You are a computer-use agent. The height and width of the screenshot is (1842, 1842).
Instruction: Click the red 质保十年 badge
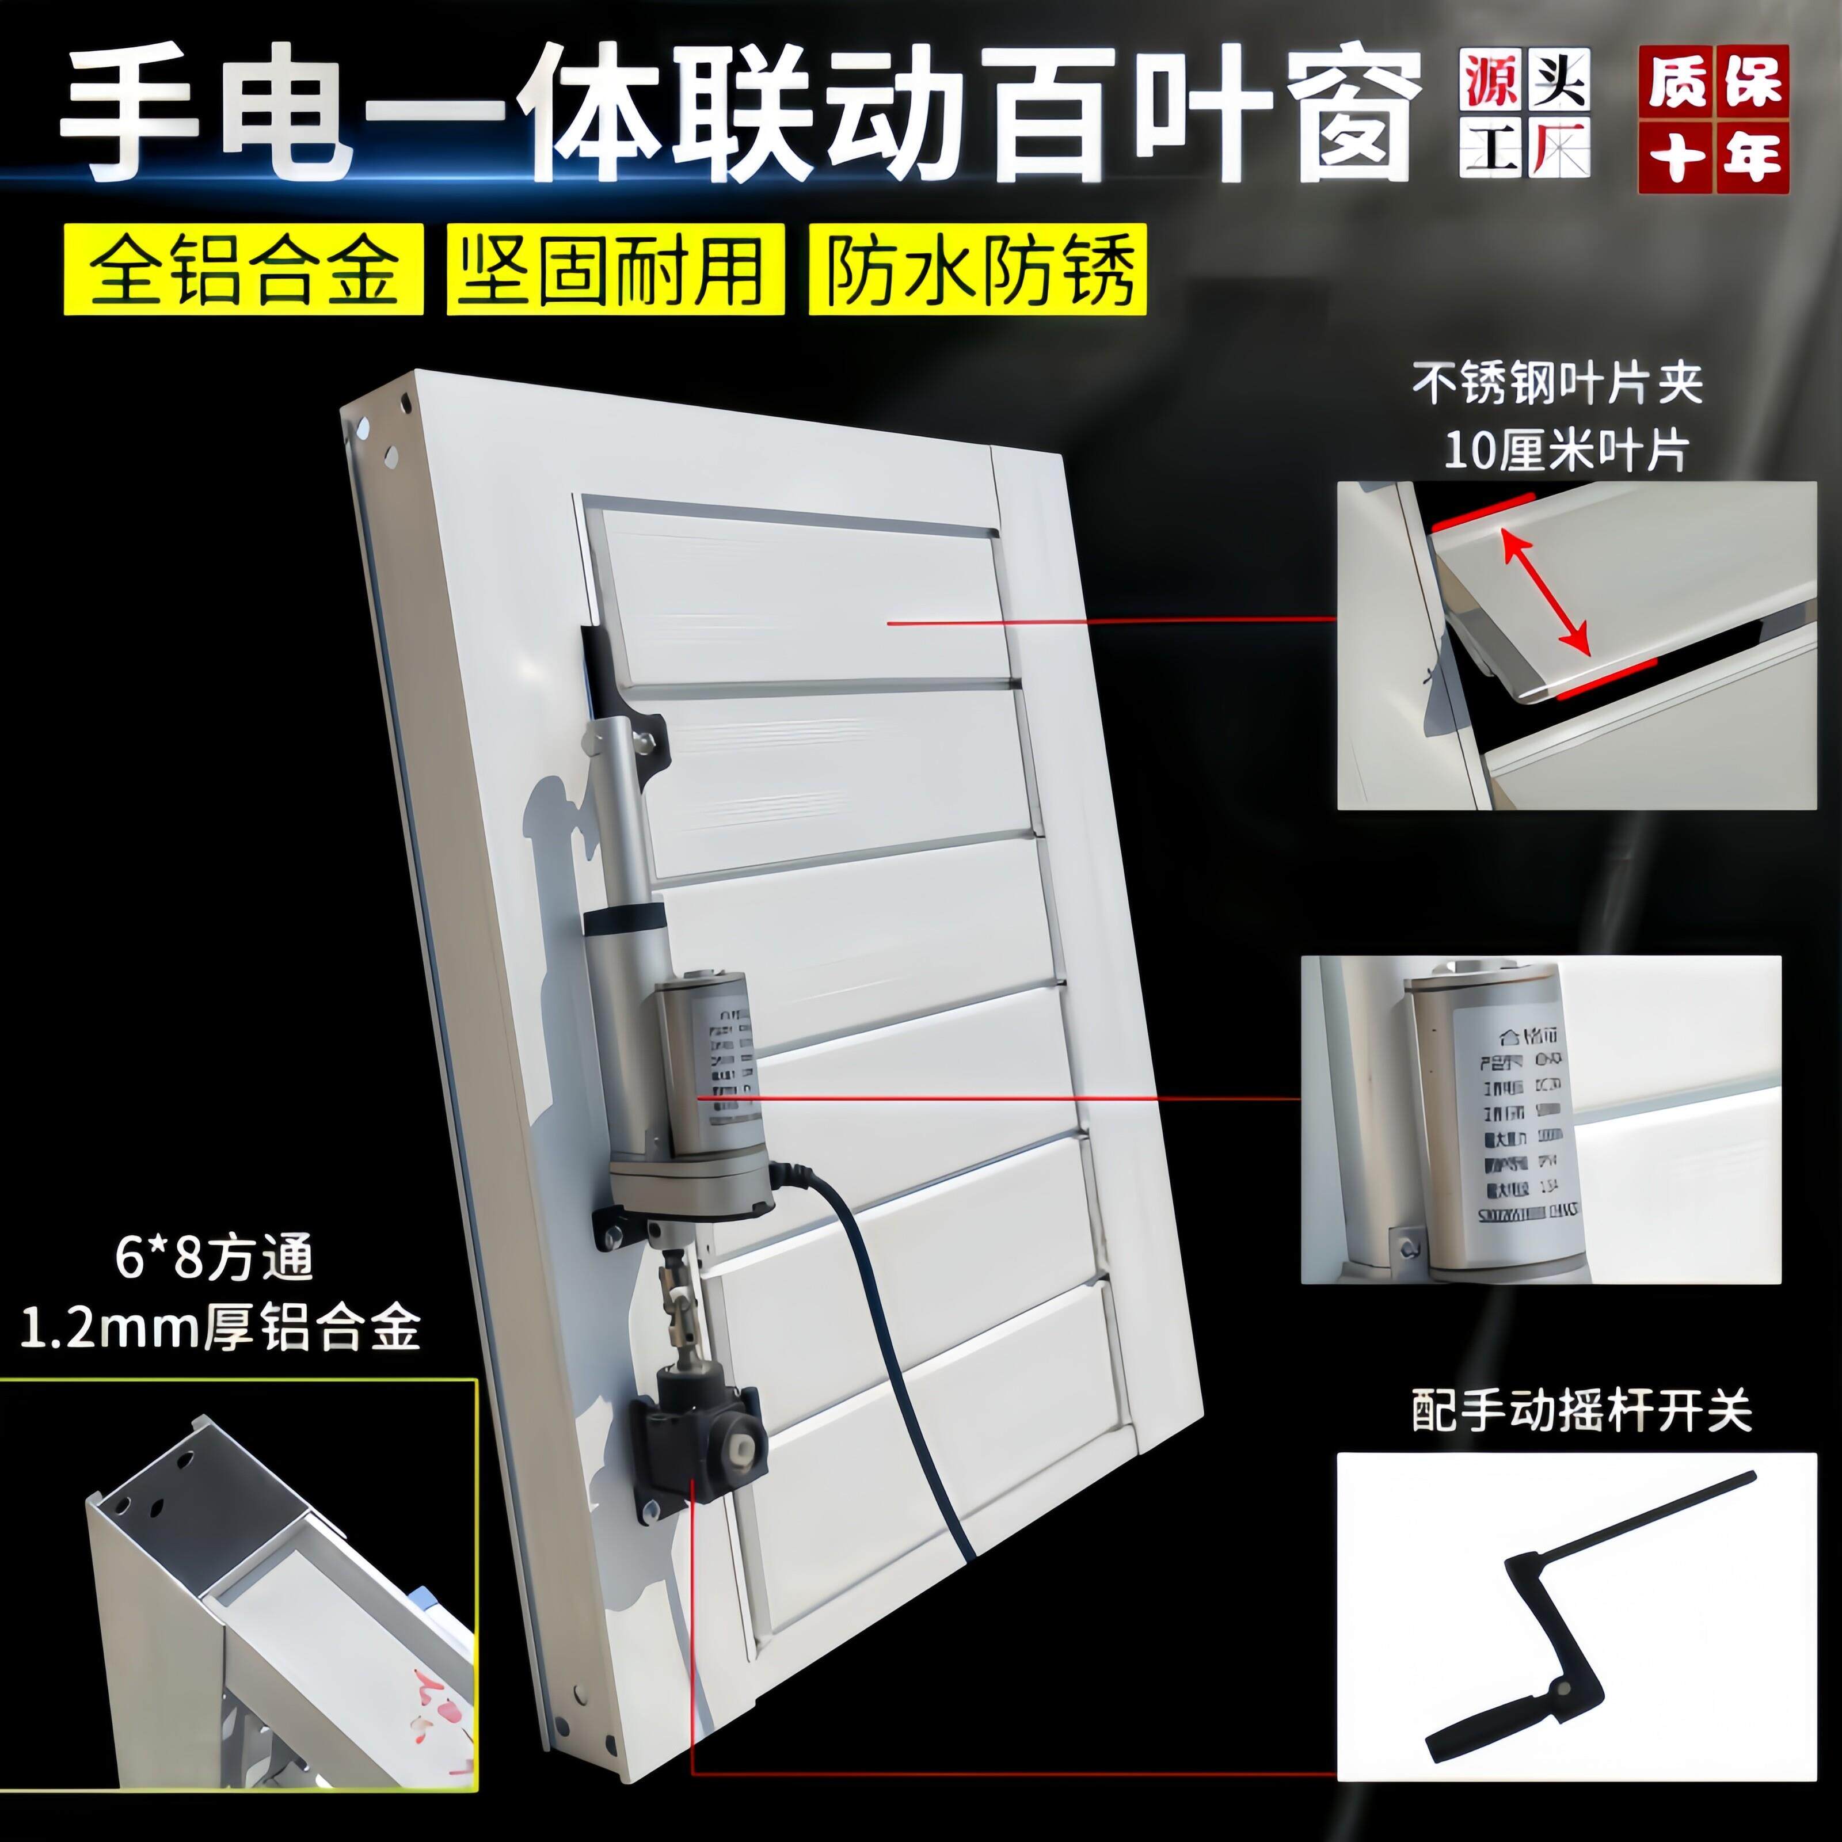coord(1713,120)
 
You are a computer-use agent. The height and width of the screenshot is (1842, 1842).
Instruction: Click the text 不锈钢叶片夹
coord(1557,384)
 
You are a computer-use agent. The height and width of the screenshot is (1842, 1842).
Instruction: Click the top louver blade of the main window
coord(801,600)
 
